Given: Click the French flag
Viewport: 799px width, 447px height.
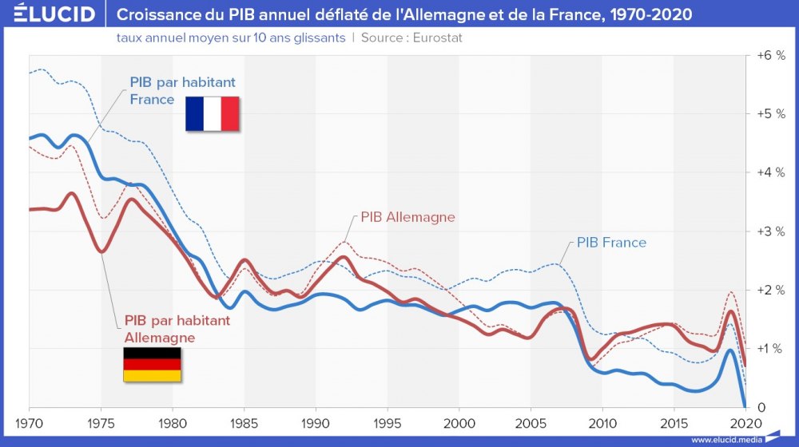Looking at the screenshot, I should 213,113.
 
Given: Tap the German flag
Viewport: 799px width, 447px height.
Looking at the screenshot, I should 151,364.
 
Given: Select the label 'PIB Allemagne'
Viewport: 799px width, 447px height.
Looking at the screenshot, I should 407,217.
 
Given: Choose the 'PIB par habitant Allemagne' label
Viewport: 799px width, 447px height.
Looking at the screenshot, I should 177,329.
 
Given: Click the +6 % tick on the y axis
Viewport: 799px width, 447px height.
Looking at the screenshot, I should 770,55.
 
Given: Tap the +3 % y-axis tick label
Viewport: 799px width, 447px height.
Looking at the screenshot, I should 770,231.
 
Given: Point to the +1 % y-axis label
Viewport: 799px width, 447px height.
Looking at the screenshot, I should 770,349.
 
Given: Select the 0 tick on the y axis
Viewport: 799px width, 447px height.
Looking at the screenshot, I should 761,407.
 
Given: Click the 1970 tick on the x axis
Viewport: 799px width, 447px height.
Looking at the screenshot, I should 29,422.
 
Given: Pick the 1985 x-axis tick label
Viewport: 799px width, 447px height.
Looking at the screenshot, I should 244,422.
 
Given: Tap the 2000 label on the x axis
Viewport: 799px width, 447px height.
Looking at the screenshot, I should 459,422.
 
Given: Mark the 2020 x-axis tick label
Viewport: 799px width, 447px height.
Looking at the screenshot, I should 745,422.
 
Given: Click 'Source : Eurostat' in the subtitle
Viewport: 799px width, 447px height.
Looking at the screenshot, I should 411,38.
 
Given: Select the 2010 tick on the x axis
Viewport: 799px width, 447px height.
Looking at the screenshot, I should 602,422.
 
